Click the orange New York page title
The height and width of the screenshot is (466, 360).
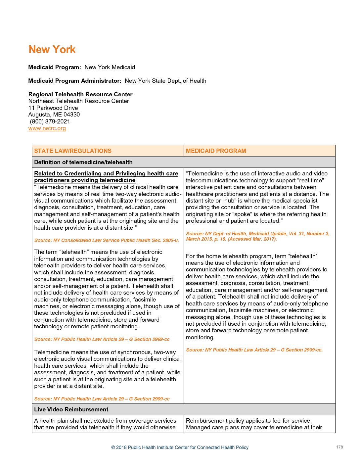[52, 50]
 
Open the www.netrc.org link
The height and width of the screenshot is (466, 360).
[47, 128]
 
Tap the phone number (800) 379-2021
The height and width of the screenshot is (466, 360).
[50, 121]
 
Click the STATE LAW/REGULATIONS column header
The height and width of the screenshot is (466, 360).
[73, 151]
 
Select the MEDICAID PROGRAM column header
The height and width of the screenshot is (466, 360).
[216, 151]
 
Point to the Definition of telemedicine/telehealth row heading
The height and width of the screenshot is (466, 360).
[83, 162]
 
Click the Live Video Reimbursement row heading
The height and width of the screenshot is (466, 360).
[71, 409]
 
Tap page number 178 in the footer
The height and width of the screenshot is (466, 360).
[339, 447]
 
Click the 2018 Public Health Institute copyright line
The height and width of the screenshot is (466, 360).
[180, 447]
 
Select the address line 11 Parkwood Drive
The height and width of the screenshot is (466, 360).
[53, 108]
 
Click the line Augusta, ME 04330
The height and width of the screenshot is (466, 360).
[54, 115]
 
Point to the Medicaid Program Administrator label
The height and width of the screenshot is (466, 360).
[75, 81]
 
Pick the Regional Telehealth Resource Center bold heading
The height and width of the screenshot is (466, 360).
[80, 94]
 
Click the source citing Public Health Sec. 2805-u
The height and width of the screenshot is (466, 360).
[106, 240]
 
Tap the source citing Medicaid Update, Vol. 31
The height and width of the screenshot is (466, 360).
[257, 236]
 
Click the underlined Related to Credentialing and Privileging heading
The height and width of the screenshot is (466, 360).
[106, 177]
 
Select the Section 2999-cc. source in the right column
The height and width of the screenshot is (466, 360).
[254, 350]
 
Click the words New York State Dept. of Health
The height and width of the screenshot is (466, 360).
[165, 81]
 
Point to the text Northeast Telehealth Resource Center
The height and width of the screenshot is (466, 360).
[78, 101]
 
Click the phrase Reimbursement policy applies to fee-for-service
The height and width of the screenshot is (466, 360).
[248, 421]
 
